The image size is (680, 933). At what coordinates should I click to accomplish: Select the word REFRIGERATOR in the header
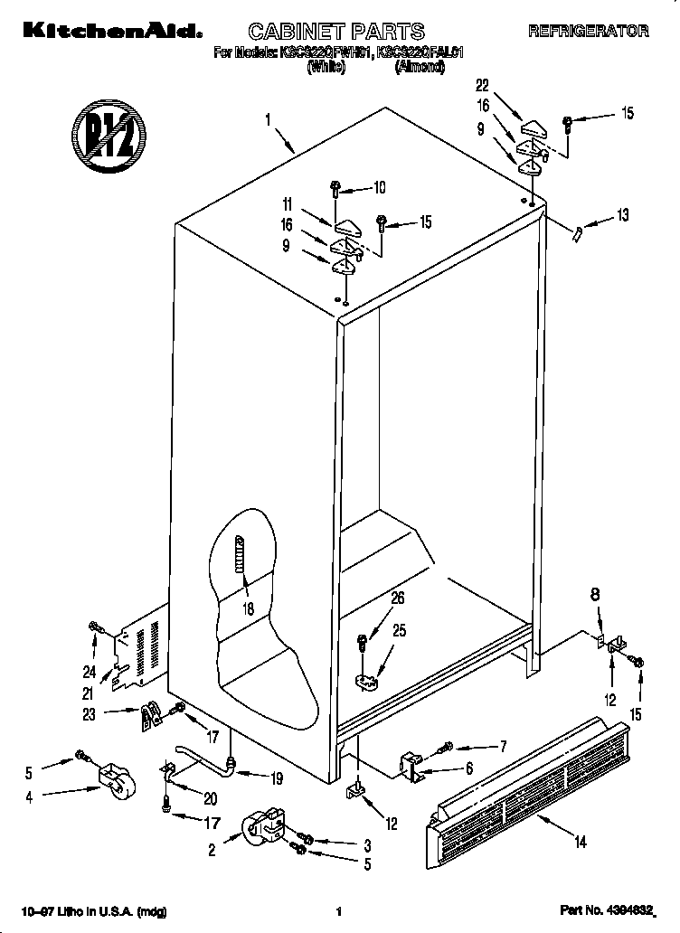click(x=588, y=31)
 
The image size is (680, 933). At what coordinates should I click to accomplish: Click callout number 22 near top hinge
click(x=482, y=86)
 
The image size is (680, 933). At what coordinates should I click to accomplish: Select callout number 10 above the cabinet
click(x=379, y=189)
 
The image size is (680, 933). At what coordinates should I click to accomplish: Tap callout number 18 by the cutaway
click(x=248, y=608)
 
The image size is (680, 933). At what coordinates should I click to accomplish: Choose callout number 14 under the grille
click(x=580, y=843)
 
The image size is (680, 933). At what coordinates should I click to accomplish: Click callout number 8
click(x=595, y=596)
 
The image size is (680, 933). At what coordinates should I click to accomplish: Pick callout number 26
click(x=397, y=598)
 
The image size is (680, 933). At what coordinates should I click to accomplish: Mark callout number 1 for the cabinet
click(x=268, y=118)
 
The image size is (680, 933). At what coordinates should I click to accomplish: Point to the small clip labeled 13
click(x=575, y=232)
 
